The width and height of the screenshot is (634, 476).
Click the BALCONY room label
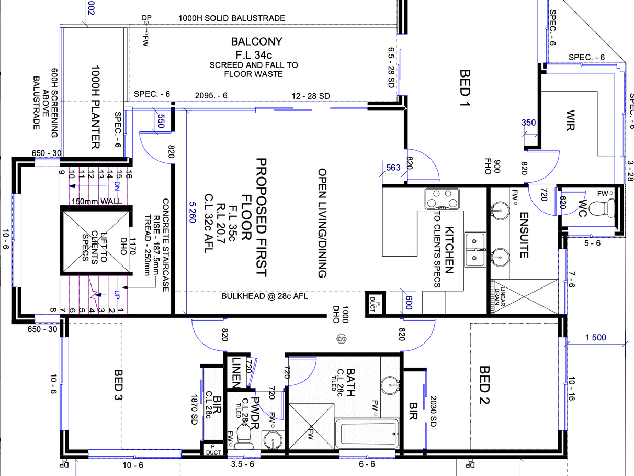tap(256, 41)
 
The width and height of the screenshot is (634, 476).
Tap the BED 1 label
tap(465, 88)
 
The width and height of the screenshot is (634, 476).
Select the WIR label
tap(570, 120)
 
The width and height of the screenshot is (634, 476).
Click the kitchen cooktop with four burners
tap(442, 199)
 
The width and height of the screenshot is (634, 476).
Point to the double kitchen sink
tap(475, 249)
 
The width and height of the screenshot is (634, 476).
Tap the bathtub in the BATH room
tap(367, 433)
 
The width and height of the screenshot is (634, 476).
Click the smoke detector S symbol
tap(342, 339)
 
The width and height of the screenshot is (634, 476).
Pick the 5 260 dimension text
tap(193, 212)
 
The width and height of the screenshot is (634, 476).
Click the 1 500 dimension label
tap(596, 338)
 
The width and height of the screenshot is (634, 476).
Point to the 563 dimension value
tap(393, 168)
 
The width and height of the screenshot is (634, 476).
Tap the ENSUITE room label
tap(524, 235)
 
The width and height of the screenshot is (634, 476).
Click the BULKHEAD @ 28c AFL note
tap(265, 296)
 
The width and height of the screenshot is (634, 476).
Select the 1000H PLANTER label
tap(96, 107)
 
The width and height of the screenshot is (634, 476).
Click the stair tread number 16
tap(129, 174)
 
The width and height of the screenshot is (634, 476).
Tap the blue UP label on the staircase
tap(117, 295)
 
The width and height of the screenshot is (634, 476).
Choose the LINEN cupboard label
tap(236, 373)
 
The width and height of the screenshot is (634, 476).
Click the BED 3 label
tap(118, 385)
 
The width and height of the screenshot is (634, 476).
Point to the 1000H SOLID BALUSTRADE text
tap(232, 18)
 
